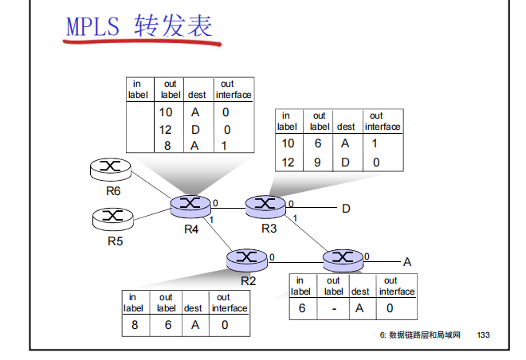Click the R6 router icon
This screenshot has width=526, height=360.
click(111, 168)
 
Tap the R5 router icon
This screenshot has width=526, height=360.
click(112, 216)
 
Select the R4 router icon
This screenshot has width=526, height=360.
click(190, 205)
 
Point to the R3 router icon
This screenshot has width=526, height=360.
click(265, 205)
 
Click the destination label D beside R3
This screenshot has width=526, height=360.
click(347, 209)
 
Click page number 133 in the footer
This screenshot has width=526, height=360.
click(483, 335)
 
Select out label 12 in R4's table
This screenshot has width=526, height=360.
click(166, 129)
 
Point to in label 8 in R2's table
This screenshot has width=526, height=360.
click(135, 324)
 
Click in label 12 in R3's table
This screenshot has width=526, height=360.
click(288, 162)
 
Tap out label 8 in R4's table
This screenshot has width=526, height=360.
click(166, 145)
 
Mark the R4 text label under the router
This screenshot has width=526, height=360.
click(191, 229)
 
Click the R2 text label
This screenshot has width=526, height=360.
click(249, 280)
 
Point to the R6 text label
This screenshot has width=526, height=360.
click(112, 190)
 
